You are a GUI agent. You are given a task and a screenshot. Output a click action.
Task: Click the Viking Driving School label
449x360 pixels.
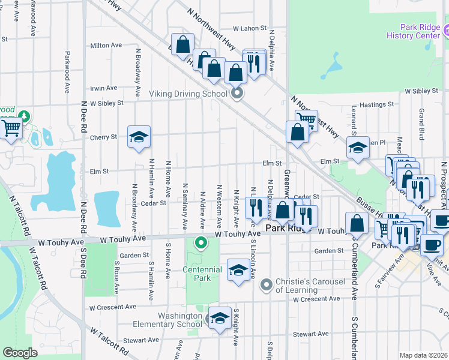[187, 94]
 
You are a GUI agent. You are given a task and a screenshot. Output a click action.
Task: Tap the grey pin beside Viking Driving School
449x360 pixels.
[237, 93]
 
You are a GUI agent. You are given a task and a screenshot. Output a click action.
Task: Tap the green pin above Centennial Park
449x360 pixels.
[202, 243]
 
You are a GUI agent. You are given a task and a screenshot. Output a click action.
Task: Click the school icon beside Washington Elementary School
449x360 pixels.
[220, 317]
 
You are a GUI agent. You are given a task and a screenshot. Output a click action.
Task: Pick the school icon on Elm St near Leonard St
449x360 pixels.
[358, 147]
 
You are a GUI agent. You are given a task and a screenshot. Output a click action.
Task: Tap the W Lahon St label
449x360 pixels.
[249, 28]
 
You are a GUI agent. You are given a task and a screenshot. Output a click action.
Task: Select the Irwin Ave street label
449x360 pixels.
[103, 88]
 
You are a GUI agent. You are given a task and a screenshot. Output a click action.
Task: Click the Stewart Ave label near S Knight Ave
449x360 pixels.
[310, 334]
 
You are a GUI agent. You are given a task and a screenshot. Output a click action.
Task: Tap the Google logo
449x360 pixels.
[20, 353]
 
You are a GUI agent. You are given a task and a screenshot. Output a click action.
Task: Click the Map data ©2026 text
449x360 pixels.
[423, 355]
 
